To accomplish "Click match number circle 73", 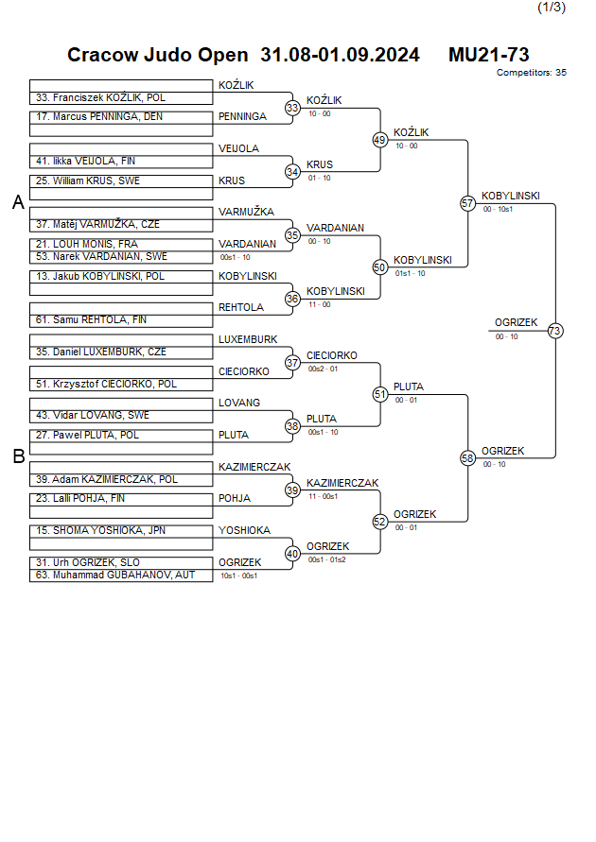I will (x=554, y=331).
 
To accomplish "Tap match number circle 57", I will (x=467, y=203).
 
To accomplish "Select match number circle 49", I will (x=380, y=140).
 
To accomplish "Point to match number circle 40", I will (x=292, y=554).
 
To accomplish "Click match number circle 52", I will (x=380, y=522).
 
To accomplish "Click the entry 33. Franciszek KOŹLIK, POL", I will (x=100, y=97).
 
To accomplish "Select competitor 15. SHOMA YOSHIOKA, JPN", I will (x=100, y=531).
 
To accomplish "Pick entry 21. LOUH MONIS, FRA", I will (x=87, y=244).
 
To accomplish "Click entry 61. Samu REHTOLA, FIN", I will (x=92, y=320).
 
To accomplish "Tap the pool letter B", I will (x=18, y=457).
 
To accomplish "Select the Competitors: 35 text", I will (x=531, y=73).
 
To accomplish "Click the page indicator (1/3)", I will (x=552, y=8).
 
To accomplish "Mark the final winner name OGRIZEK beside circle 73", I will (x=516, y=323).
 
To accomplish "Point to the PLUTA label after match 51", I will (x=409, y=387).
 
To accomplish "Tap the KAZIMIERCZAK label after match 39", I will (x=342, y=483).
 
